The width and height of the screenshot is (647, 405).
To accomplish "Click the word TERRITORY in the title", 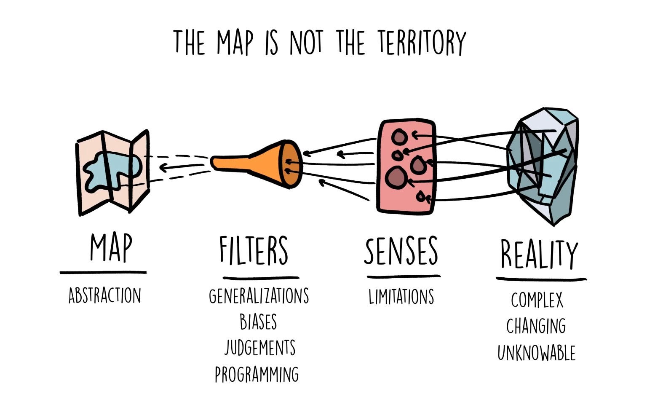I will (421, 42).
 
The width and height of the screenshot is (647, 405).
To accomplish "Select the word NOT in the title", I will (306, 42).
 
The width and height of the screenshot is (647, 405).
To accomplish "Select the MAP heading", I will (111, 247).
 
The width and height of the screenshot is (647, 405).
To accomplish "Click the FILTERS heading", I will (254, 250).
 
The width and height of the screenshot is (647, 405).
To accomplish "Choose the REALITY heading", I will (539, 254).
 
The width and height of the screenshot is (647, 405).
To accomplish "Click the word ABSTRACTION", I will (104, 295).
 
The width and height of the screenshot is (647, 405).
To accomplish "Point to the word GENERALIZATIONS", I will (259, 296).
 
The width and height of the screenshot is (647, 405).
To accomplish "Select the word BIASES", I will (258, 322).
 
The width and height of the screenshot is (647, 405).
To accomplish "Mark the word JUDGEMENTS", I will (260, 348).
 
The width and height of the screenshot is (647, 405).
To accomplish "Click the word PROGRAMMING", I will (257, 374).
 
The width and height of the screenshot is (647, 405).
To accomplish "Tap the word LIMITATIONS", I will (401, 296).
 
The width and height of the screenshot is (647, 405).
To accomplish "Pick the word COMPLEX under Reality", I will (537, 300).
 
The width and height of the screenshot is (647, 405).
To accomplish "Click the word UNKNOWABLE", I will (536, 353).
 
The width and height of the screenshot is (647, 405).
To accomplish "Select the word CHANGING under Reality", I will (536, 326).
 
